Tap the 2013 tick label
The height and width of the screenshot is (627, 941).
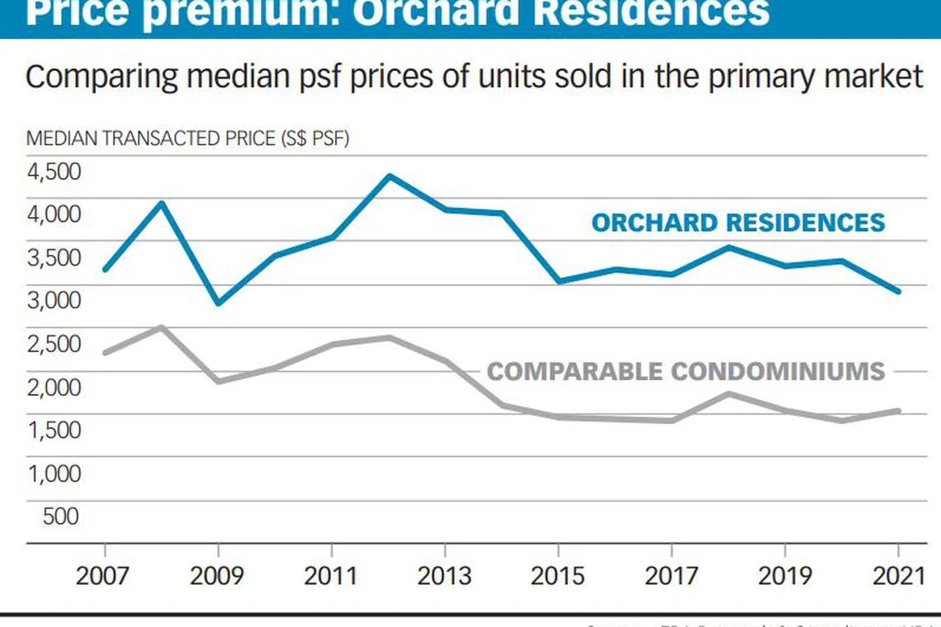point(445,575)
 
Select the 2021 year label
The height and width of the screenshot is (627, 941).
point(898,575)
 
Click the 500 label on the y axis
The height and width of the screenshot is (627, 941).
point(59,516)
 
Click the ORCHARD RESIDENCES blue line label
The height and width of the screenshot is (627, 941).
point(738,223)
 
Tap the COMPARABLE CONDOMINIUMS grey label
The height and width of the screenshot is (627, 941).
point(685,371)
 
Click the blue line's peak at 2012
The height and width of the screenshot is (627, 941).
point(389,176)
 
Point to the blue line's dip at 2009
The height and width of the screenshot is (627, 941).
point(218,303)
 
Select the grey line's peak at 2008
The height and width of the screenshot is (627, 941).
point(162,328)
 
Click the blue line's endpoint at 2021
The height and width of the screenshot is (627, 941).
point(898,291)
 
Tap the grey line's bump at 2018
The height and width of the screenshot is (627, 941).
point(728,393)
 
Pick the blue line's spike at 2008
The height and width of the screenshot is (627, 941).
point(162,203)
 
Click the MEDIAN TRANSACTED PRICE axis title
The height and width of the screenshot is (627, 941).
point(187,139)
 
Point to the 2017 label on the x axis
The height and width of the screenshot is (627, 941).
point(672,575)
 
